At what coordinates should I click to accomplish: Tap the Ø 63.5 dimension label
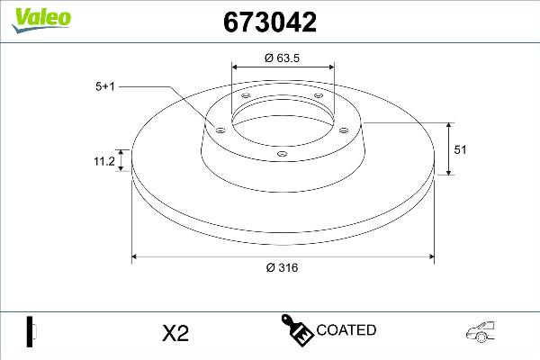point(283,58)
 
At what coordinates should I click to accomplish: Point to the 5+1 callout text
point(105,86)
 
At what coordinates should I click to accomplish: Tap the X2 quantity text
point(175,333)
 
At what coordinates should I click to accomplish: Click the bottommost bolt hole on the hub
point(283,154)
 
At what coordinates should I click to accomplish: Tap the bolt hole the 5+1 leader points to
point(219,129)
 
